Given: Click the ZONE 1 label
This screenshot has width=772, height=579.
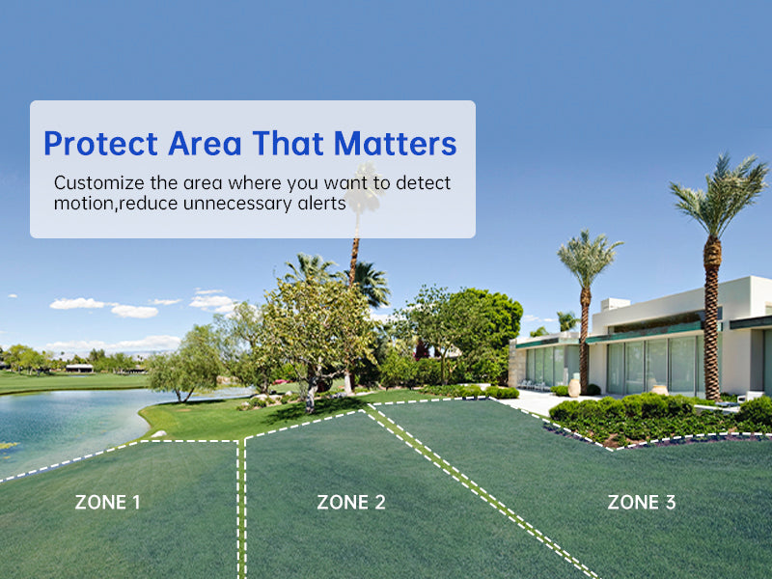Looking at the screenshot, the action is tap(107, 502).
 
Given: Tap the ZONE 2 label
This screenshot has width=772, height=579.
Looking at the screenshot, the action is tap(351, 502).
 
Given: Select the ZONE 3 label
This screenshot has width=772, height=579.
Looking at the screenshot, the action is tap(642, 502).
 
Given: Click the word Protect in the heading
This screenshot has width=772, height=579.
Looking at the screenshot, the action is tap(101, 143).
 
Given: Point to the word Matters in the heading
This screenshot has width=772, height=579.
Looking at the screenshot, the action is tap(396, 143).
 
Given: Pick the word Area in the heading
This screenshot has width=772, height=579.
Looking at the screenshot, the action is tap(205, 143).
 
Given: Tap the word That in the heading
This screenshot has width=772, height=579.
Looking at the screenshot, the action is tap(288, 143).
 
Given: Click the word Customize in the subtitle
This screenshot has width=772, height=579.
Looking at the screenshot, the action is tap(99, 182).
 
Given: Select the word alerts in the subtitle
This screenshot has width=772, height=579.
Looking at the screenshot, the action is tap(321, 203).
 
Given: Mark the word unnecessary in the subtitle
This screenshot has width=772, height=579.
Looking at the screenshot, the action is tap(237, 204).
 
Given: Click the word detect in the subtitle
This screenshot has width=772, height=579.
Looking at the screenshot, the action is tap(423, 182).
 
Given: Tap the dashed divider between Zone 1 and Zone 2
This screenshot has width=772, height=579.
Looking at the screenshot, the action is tap(241, 510).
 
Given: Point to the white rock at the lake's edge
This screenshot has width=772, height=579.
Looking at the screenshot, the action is tap(158, 433).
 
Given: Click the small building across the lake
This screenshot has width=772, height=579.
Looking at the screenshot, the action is tap(79, 368).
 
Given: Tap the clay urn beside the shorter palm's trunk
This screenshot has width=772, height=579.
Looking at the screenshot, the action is tap(574, 388).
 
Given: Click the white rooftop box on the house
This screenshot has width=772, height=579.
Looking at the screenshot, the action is tap(616, 304).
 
